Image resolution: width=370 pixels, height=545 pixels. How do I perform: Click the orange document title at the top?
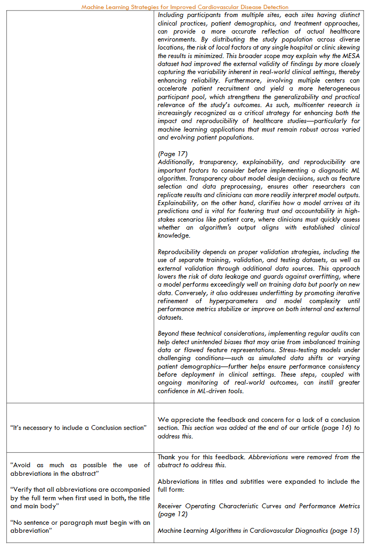(x=185, y=7)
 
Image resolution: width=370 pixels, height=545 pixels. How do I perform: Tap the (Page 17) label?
(x=172, y=154)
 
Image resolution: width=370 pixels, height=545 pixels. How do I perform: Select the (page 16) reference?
(x=338, y=428)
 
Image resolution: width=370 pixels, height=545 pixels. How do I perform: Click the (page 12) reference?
(x=172, y=514)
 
